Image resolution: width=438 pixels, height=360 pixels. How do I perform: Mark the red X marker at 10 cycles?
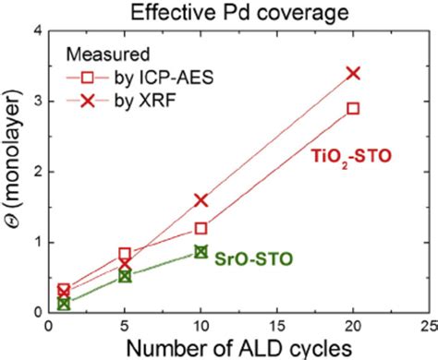coord(201,199)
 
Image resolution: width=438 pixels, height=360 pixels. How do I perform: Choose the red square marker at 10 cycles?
coord(201,228)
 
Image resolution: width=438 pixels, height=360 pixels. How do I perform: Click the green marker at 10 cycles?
coord(201,251)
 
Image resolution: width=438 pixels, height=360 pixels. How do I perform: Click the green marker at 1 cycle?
coord(64,303)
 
